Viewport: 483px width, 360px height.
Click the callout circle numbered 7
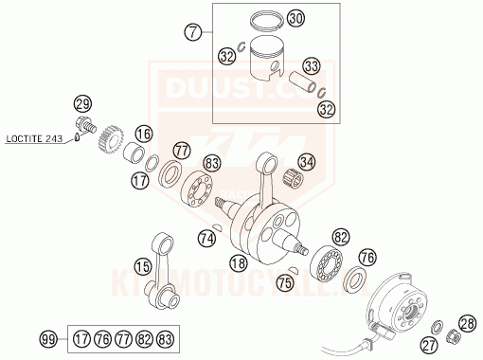(194, 33)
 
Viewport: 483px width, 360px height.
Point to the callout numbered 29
(82, 104)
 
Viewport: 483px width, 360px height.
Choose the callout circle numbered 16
(143, 134)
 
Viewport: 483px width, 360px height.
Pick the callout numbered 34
(306, 161)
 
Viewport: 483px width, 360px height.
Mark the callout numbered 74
(207, 240)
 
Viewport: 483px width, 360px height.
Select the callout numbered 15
(143, 267)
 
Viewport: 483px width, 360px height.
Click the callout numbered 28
(467, 322)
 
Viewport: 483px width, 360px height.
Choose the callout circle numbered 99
(48, 338)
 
